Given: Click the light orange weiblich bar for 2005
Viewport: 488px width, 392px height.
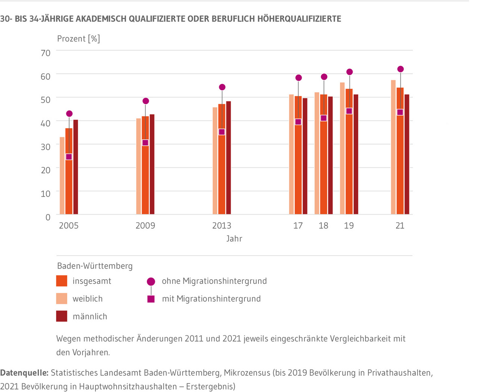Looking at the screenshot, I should tap(62, 175).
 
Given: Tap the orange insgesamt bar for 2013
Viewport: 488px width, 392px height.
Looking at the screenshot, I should tap(222, 159).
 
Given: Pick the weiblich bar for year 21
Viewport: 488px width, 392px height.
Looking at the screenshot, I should tap(393, 147).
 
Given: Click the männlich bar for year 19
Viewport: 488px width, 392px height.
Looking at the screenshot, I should tap(356, 154).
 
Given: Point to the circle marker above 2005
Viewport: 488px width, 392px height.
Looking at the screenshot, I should tap(69, 114).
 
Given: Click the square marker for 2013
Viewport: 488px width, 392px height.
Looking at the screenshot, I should tap(222, 132).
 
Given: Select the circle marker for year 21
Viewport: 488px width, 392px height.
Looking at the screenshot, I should tap(400, 69).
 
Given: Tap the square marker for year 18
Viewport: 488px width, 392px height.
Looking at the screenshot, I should tap(324, 118).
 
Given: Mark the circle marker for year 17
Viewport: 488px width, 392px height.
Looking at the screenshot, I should tap(298, 78).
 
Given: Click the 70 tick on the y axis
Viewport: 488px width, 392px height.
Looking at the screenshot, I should tap(46, 53).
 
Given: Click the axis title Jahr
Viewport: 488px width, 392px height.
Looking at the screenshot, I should tap(234, 239).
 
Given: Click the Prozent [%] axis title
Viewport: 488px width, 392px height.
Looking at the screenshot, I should tap(78, 39).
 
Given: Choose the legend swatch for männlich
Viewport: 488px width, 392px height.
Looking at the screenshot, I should tap(61, 316).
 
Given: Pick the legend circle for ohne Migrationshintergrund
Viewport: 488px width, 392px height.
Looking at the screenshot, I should tap(151, 281).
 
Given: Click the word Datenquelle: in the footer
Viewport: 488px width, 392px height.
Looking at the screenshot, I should tap(25, 372).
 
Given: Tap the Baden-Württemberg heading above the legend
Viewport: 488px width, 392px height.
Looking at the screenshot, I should tap(95, 266).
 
